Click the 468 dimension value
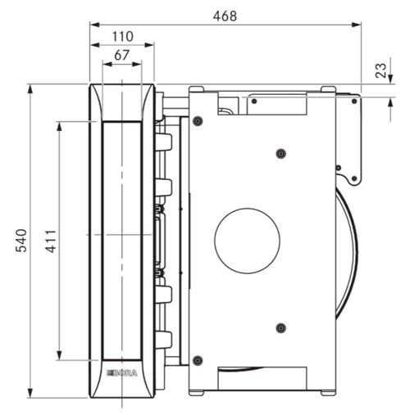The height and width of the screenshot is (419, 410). pyautogui.click(x=225, y=16)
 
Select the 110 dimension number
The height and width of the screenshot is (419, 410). pyautogui.click(x=123, y=37)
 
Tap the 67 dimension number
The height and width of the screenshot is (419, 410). pyautogui.click(x=121, y=56)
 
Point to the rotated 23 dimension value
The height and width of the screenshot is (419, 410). pyautogui.click(x=380, y=70)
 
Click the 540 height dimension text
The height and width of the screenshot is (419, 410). pyautogui.click(x=21, y=241)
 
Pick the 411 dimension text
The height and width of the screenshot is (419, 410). pyautogui.click(x=51, y=241)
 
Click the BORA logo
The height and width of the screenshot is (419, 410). pyautogui.click(x=121, y=373)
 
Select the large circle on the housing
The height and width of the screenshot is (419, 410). pyautogui.click(x=247, y=241)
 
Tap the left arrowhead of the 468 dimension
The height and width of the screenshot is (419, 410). pyautogui.click(x=95, y=25)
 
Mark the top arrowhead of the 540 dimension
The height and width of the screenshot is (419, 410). pyautogui.click(x=30, y=89)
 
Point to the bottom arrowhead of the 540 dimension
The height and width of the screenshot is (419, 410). pyautogui.click(x=30, y=393)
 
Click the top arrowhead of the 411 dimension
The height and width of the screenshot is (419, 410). pyautogui.click(x=59, y=127)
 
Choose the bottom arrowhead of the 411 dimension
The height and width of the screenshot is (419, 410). pyautogui.click(x=59, y=355)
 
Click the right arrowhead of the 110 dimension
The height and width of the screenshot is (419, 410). pyautogui.click(x=149, y=45)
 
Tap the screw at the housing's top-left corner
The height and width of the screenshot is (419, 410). pyautogui.click(x=198, y=121)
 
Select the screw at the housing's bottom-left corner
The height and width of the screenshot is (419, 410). pyautogui.click(x=198, y=361)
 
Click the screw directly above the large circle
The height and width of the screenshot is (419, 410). pyautogui.click(x=280, y=154)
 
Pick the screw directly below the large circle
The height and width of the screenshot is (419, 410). pyautogui.click(x=280, y=328)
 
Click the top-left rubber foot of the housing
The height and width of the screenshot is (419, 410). pyautogui.click(x=196, y=89)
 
